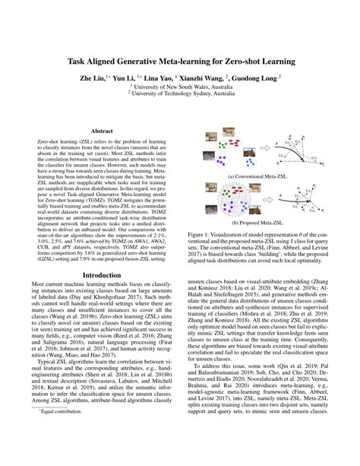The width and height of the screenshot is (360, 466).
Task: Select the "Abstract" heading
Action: [102, 130]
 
